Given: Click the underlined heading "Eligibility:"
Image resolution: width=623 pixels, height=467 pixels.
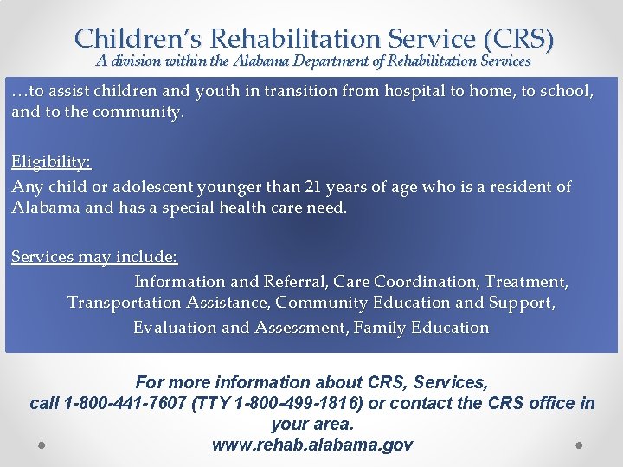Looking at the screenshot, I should [51, 162].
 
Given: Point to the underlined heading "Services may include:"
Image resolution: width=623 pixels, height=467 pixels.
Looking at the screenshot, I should [94, 257].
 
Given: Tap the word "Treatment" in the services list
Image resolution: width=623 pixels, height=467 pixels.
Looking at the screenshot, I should [526, 281].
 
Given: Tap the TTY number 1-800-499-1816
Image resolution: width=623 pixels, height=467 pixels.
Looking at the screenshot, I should [288, 403].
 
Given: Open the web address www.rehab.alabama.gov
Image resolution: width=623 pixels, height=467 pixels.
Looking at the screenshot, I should [311, 445].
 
